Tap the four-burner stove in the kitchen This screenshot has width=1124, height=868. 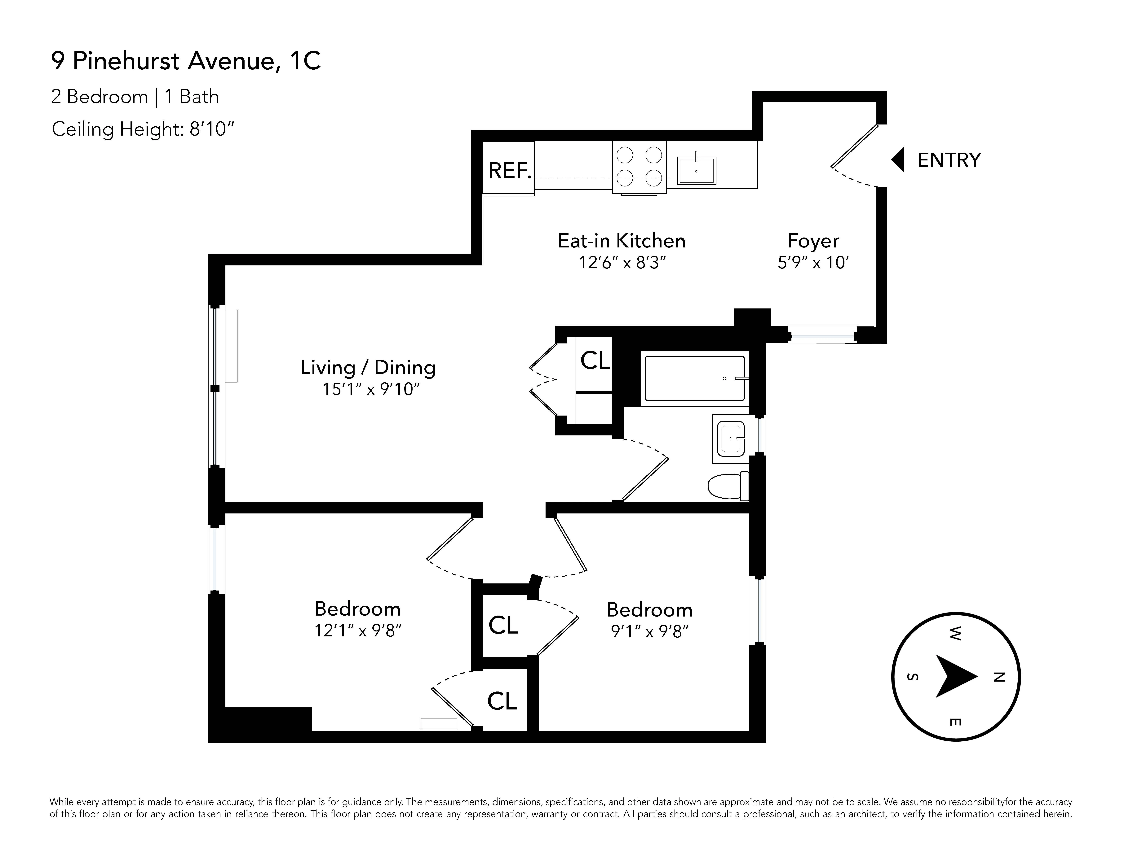coord(639,167)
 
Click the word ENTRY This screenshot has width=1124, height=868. coord(949,160)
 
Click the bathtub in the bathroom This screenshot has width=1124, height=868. coord(694,378)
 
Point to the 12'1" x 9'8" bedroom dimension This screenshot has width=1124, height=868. coord(358,630)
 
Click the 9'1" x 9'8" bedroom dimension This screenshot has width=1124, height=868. coord(649,631)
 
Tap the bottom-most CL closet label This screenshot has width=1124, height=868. coord(502,701)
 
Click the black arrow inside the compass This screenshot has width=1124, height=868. coord(954,676)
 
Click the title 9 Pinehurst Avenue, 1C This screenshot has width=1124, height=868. coord(186,61)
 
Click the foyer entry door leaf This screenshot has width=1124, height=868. coord(854,146)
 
